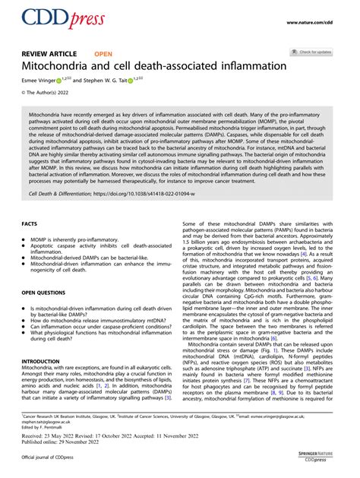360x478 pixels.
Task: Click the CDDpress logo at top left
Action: [x=54, y=19]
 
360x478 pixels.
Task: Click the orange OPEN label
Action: [x=103, y=54]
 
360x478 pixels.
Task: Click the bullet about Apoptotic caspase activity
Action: [x=96, y=248]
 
